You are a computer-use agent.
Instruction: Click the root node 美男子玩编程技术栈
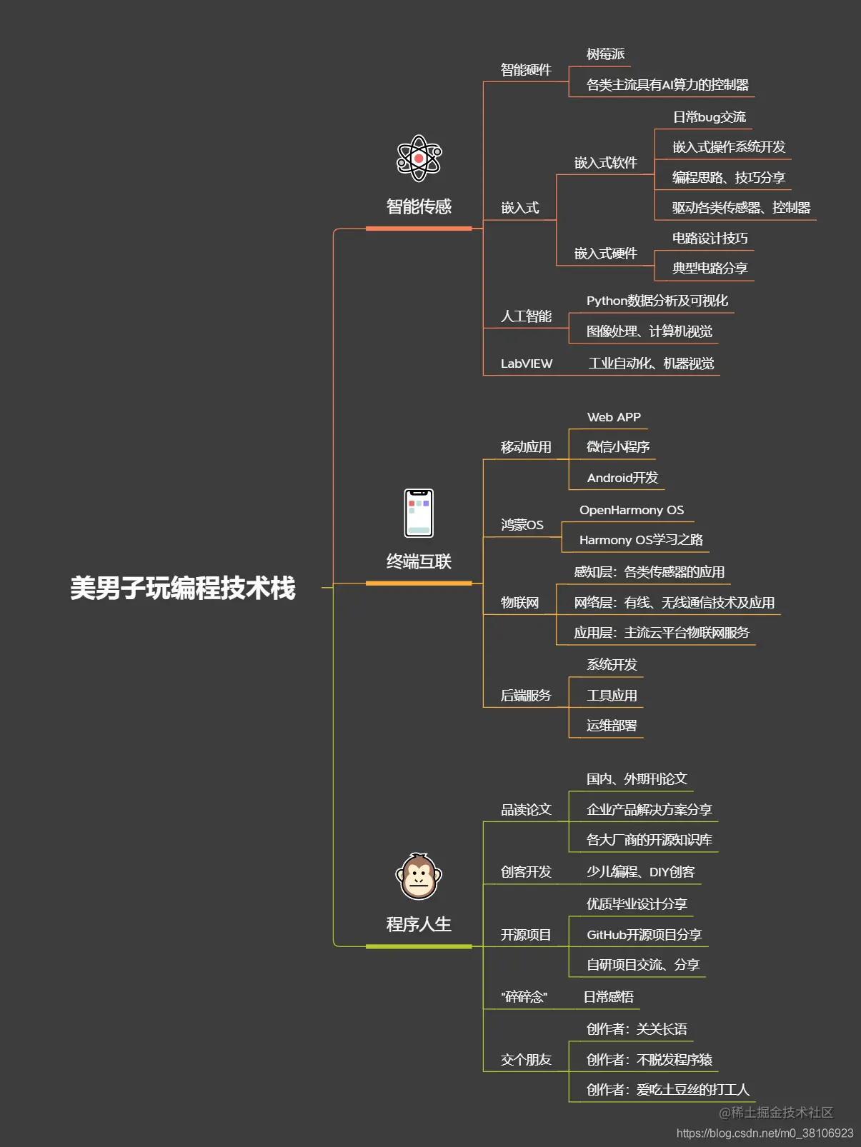pos(182,588)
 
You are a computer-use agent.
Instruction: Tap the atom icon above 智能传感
pos(419,158)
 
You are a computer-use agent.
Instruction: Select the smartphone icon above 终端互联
pos(419,513)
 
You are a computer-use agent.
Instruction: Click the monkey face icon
pos(419,876)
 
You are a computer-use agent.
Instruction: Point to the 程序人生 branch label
pos(419,924)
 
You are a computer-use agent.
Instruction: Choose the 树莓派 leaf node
pos(605,54)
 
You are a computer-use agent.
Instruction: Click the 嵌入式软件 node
pos(605,163)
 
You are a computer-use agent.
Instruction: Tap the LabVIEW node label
pos(527,364)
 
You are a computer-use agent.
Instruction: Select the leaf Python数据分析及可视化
pos(657,301)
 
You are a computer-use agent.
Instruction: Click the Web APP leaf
pos(614,417)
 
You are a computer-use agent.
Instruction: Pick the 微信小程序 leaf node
pos(617,447)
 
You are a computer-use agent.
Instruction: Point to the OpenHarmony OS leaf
pos(631,510)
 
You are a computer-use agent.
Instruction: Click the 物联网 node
pos(519,603)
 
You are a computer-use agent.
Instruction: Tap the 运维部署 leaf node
pos(611,726)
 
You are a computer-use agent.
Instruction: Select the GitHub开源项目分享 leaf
pos(644,935)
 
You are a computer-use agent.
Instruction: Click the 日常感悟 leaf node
pos(608,997)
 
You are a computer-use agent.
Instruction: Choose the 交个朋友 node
pos(526,1060)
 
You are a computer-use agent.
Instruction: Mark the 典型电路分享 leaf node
pos(710,269)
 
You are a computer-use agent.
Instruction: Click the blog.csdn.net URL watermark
pos(765,1133)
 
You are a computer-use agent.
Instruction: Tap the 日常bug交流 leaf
pos(709,117)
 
